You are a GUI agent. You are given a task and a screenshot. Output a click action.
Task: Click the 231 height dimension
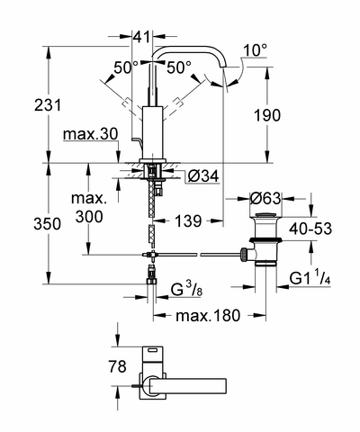click(48, 105)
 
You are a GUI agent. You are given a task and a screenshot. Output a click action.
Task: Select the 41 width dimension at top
click(141, 37)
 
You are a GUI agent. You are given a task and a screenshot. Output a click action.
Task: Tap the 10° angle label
click(255, 50)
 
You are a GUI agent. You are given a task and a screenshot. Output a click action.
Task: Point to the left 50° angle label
click(126, 67)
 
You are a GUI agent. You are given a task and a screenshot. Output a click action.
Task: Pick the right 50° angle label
click(179, 67)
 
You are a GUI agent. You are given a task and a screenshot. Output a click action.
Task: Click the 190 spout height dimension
click(267, 115)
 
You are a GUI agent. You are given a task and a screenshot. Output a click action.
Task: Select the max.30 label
click(91, 135)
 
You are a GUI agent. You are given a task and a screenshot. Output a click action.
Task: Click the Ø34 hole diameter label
click(203, 176)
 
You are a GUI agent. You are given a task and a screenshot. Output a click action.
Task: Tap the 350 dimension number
click(47, 224)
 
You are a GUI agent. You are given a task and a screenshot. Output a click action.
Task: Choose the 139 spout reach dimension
click(188, 221)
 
